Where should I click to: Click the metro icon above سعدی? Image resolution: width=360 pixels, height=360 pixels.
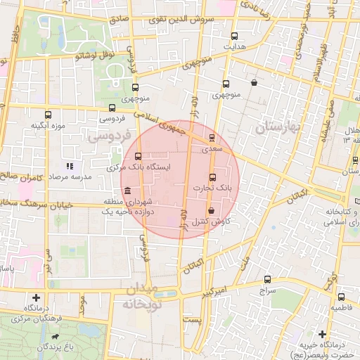coord(212,138)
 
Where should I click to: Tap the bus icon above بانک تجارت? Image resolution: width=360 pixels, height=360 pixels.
coord(213,176)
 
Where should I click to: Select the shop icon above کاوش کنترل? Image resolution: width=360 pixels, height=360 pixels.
coord(211,210)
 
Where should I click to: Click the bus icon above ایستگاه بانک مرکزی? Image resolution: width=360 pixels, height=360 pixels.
coord(138,156)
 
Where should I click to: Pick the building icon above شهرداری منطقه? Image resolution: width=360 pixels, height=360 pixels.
coord(127,191)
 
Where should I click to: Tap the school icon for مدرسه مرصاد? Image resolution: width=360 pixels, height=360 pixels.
coord(70,167)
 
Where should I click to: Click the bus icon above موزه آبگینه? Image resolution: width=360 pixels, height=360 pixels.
coord(48,115)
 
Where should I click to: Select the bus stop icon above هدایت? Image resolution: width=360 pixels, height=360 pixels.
coord(234,36)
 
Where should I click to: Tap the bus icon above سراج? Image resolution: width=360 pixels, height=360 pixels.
coord(267,279)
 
